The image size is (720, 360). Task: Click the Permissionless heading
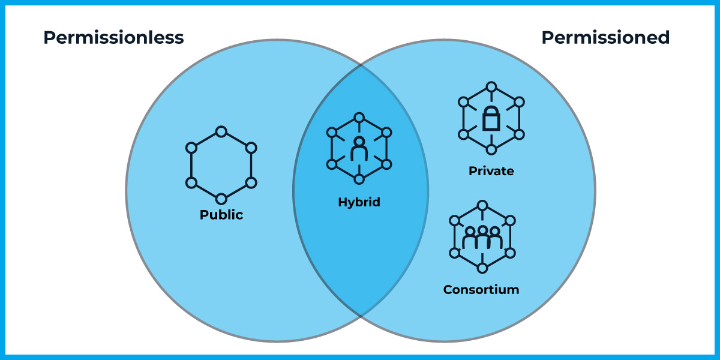113,38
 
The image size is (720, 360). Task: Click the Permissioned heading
605,38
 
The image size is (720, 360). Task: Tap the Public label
221,215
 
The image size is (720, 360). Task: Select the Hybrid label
359,202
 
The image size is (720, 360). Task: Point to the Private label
491,172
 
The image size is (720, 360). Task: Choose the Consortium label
481,290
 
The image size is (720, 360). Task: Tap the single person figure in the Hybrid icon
359,149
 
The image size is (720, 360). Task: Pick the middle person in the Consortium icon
482,238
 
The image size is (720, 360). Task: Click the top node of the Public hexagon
221,131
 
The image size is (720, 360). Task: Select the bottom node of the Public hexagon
221,199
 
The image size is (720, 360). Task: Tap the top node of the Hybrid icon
359,116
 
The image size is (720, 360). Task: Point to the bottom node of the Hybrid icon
359,179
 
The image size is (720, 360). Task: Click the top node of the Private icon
491,86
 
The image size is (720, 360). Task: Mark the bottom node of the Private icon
491,149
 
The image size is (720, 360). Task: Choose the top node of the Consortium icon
482,205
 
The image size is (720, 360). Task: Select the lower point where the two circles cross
361,317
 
